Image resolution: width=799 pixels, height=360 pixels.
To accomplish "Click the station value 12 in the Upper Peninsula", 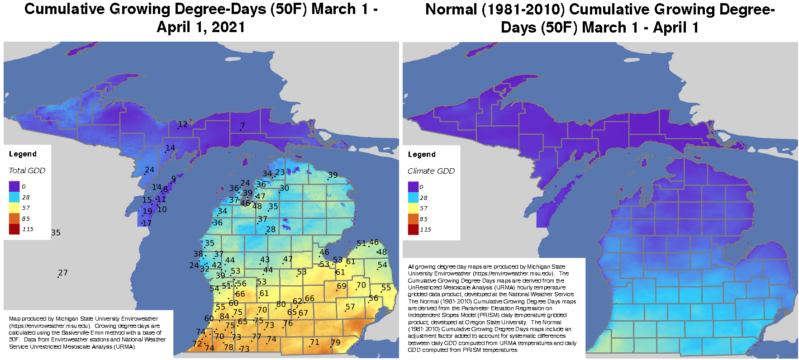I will pos(183,124).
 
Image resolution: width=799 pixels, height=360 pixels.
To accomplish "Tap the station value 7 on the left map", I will pos(243,126).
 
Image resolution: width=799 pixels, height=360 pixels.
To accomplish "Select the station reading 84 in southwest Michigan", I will pos(224,317).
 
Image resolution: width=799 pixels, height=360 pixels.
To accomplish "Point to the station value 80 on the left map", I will pos(281,304).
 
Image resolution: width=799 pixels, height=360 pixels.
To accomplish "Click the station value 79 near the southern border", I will pos(335,343).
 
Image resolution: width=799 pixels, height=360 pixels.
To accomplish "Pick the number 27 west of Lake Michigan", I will pos(63,273).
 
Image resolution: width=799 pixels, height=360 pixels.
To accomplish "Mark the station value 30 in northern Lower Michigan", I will pos(284,189).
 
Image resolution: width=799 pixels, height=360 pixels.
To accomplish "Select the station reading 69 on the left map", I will pos(341,286).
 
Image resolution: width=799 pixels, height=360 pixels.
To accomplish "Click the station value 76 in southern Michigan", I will pos(288,323).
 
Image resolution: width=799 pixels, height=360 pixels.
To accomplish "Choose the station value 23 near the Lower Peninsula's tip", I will pos(280,172).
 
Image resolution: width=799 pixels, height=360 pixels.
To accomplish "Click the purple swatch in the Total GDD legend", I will pos(14,186).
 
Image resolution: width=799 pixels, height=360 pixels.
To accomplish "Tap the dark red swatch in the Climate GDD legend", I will pos(413,230).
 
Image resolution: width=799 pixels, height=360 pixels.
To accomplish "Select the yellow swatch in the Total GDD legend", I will pos(14,208).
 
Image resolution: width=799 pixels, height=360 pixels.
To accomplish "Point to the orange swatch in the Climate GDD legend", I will pos(413,219).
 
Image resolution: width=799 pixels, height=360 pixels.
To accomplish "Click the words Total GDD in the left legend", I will pos(27,171).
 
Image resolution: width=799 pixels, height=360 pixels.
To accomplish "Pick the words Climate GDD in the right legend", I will pos(431,171).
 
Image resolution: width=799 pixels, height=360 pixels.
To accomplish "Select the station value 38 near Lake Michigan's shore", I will pos(198,254).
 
